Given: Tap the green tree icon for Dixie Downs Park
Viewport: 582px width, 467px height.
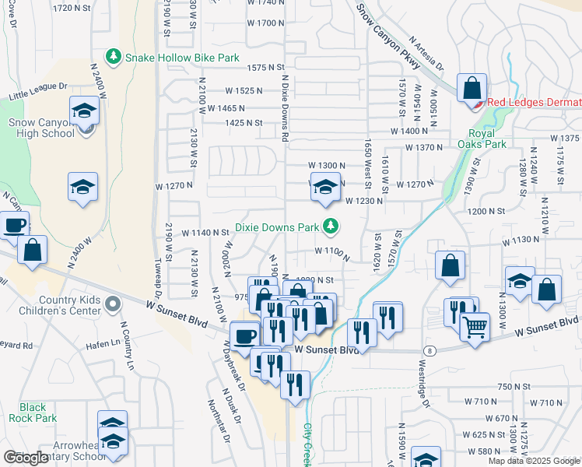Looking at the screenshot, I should tap(331, 226).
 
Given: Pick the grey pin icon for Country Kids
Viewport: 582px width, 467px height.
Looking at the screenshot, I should tap(113, 303).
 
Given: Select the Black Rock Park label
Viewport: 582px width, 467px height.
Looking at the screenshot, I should tap(33, 413).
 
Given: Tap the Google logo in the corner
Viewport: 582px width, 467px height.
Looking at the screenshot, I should tap(26, 458).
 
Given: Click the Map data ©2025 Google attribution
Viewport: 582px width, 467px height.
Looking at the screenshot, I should tap(533, 461).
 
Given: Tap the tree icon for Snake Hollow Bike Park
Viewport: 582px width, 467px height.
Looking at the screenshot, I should tap(114, 57).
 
